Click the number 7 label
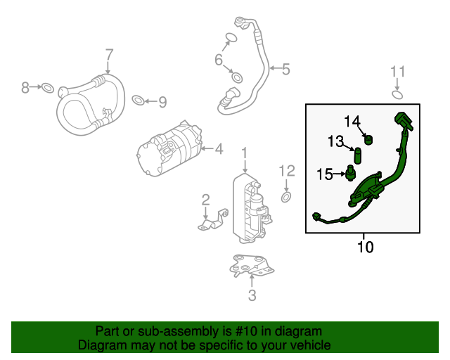coord(109,54)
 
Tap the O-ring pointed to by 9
coord(140,99)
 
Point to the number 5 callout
coord(285,69)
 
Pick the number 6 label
coord(219,60)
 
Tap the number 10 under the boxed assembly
coord(366,247)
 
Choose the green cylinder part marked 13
coord(358,155)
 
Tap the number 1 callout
coord(245,153)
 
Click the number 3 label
coord(252,296)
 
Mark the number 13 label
coord(335,142)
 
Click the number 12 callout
coord(287,170)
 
